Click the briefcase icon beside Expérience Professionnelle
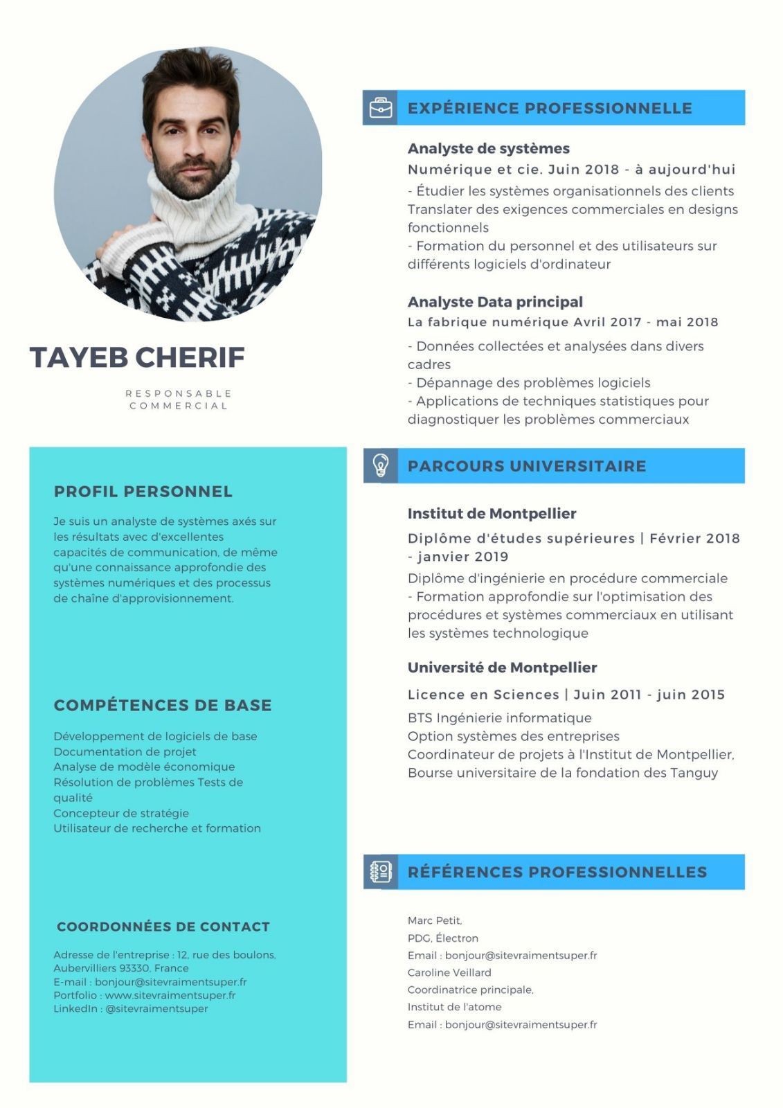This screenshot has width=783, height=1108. pos(380,108)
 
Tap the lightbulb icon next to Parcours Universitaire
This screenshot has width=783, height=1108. pos(380,465)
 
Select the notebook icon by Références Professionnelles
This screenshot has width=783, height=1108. pos(380,872)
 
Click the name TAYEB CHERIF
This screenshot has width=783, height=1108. pos(137,357)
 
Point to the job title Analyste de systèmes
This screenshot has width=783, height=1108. pos(488,148)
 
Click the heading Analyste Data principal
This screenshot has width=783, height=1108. pos(495,302)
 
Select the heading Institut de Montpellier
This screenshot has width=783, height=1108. pos(492,514)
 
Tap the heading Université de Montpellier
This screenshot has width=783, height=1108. pos(502,668)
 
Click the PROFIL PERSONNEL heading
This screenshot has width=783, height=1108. pos(143,492)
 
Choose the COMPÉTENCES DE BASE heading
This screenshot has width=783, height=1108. pos(163,705)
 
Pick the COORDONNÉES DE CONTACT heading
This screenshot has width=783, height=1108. pos(163,927)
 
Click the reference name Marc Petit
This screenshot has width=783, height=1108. pos(434,920)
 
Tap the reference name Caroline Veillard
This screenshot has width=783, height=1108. pos(449,972)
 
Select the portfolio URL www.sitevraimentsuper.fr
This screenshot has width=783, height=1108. pos(170,995)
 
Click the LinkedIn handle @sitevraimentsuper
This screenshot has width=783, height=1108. pos(156,1008)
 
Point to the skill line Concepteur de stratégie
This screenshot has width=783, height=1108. pos(121,813)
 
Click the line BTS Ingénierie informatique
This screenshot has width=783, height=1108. pos(499,718)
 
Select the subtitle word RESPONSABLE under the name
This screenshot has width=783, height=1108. pos(179,393)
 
